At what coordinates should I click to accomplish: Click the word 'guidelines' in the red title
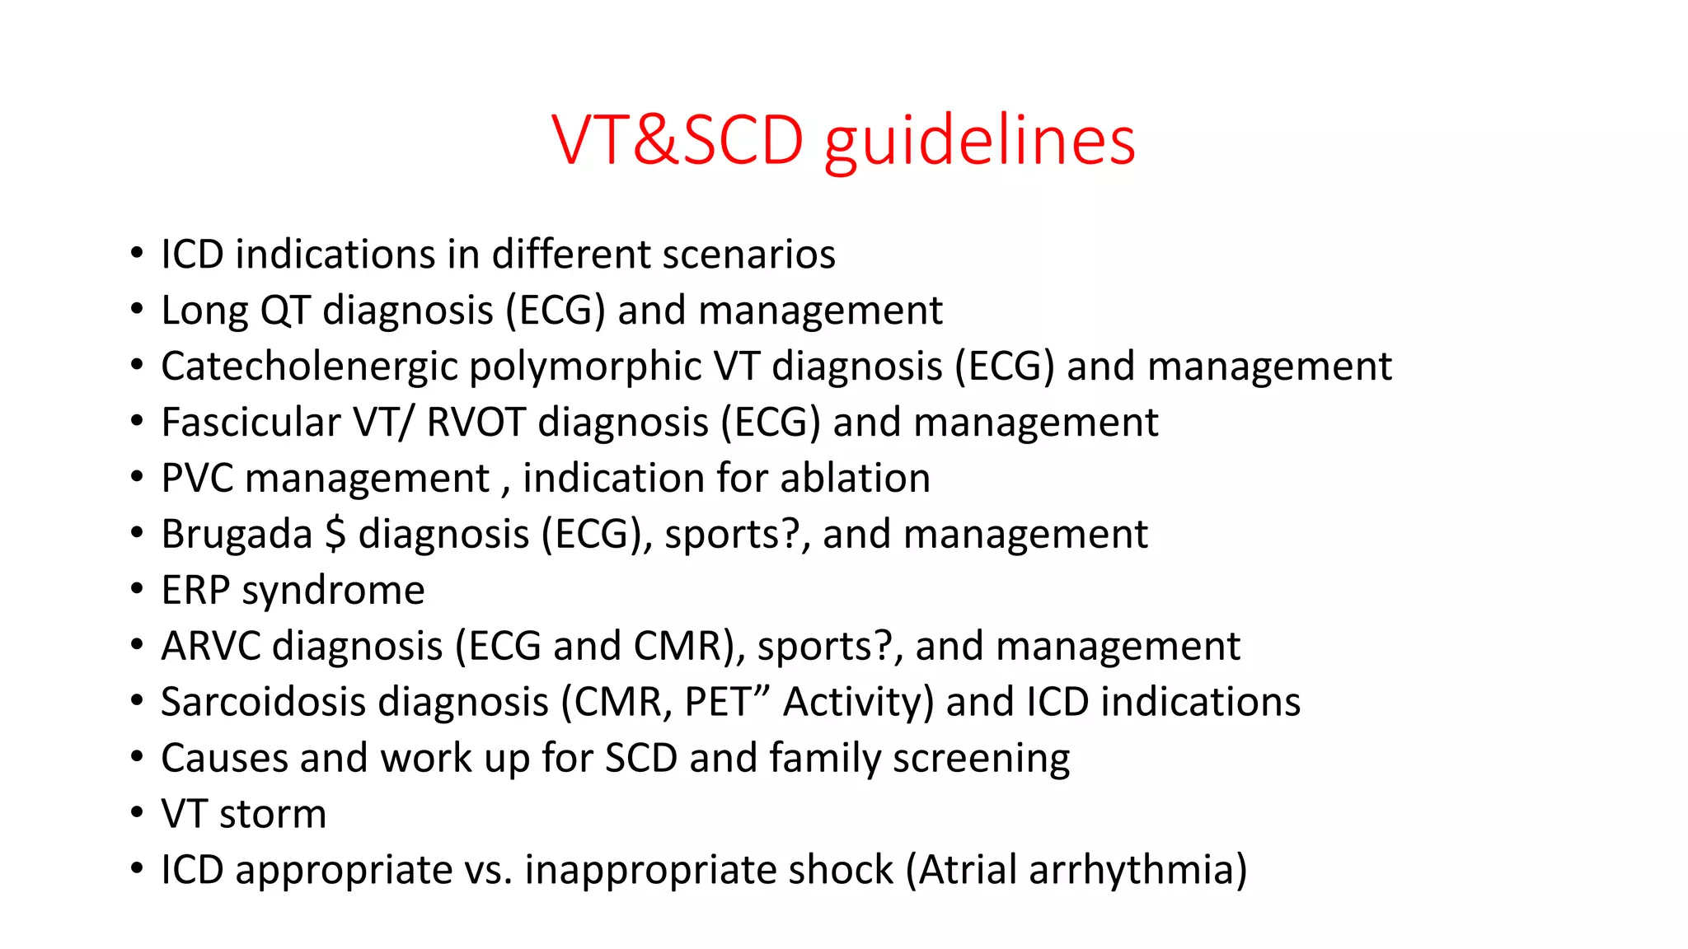[980, 142]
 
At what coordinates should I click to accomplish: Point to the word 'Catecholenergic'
[309, 367]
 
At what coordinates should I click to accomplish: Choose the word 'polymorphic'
[584, 367]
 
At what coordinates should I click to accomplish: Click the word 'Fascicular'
[251, 423]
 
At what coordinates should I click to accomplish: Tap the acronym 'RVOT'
[476, 423]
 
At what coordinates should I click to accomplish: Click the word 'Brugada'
[237, 535]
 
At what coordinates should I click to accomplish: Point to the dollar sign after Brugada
[335, 534]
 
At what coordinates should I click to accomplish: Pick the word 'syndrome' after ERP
[333, 591]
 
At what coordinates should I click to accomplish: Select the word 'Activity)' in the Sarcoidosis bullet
[858, 703]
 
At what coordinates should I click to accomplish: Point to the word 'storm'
[273, 814]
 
